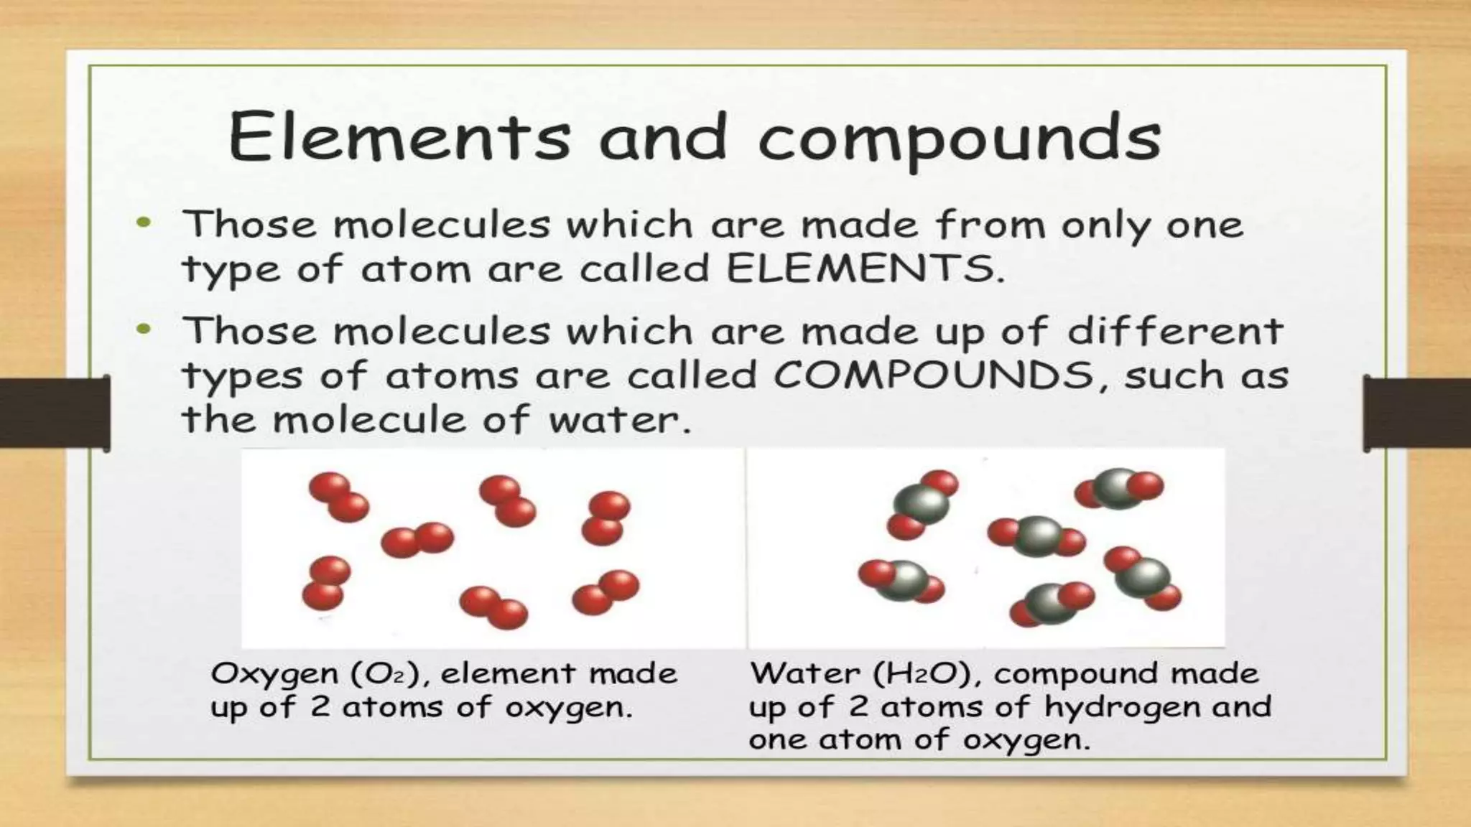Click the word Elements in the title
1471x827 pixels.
click(x=399, y=136)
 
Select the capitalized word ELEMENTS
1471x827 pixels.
click(x=861, y=269)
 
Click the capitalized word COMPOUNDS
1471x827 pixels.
click(x=933, y=375)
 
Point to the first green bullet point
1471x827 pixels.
click(x=144, y=223)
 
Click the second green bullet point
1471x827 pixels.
click(x=144, y=330)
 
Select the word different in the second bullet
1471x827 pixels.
click(x=1175, y=331)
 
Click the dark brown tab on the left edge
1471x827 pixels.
click(x=55, y=413)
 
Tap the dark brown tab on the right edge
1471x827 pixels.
click(x=1416, y=413)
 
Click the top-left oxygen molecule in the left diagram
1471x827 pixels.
click(x=338, y=497)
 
